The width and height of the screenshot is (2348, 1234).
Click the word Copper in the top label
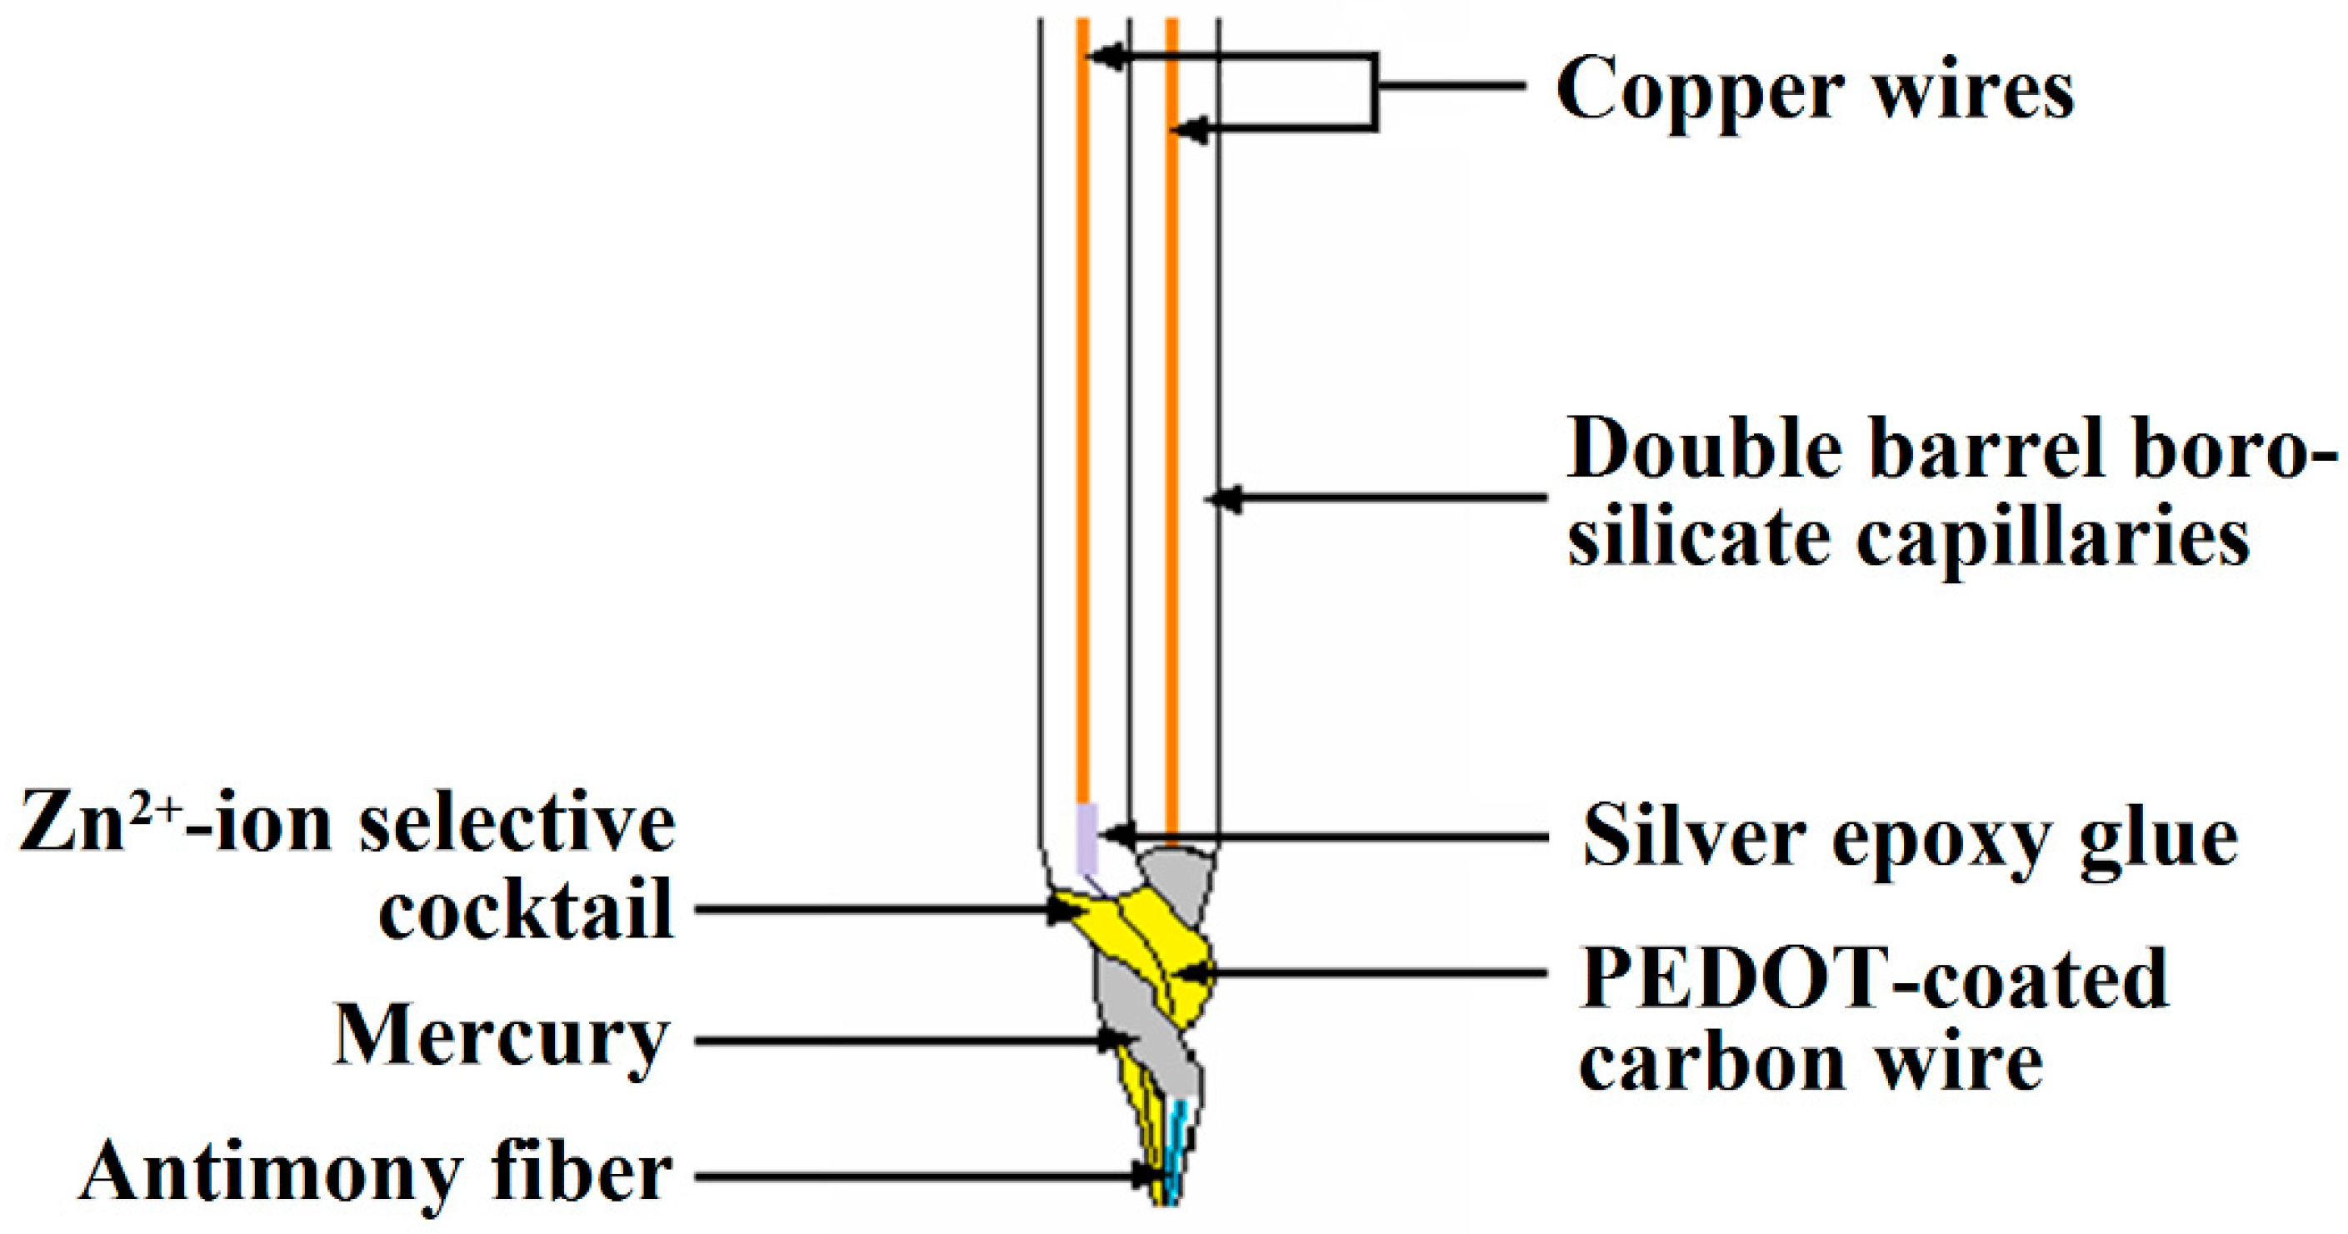1700,91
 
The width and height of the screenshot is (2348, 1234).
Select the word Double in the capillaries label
1706,449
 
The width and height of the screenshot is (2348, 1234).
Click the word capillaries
2051,540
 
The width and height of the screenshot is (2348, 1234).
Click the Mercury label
502,1039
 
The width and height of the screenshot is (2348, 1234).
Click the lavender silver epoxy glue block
1087,837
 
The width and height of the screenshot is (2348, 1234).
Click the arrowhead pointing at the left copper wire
1101,57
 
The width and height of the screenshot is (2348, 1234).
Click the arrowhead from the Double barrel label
1223,498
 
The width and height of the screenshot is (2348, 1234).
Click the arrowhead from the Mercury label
1112,1039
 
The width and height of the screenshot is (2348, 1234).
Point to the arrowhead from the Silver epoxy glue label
1116,834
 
